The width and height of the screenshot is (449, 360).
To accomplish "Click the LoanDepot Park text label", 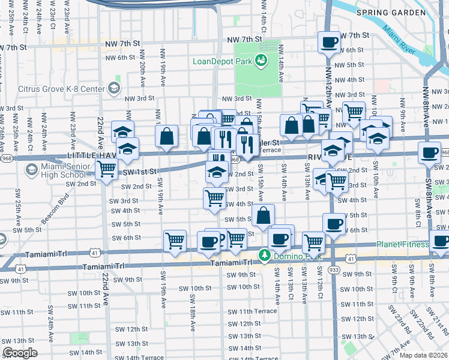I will click(x=221, y=61).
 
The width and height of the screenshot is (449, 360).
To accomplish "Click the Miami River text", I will click(x=399, y=41).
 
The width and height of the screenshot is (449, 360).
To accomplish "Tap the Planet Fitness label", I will click(x=401, y=244).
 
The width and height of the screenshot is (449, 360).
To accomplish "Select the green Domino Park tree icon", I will click(x=263, y=256).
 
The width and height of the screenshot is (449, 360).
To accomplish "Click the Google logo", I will click(x=20, y=353).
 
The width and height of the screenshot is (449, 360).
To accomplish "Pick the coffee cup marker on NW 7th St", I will click(x=329, y=43).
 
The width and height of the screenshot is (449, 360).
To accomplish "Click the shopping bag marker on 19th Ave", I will click(x=167, y=136).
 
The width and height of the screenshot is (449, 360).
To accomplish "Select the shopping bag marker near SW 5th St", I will click(x=263, y=215).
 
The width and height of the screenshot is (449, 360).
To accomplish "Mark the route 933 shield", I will click(x=334, y=271).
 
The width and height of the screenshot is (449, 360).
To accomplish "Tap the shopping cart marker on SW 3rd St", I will click(x=214, y=197).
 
